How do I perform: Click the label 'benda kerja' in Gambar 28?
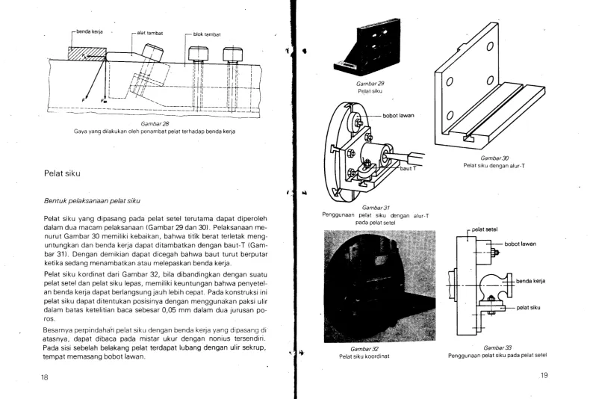90,31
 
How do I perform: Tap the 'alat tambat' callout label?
150,33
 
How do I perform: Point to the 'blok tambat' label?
207,34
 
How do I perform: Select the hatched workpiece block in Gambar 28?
87,53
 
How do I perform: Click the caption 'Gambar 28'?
155,124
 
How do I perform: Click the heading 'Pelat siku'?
62,173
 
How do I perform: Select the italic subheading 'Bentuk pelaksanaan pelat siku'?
92,201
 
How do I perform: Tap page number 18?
44,377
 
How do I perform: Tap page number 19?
544,375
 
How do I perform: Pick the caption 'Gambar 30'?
494,158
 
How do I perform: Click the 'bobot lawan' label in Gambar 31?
399,116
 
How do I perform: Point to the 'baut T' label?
408,168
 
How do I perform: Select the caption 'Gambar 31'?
376,208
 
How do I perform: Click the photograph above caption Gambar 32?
379,286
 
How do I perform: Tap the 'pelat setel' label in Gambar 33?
485,229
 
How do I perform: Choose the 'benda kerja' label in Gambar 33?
530,281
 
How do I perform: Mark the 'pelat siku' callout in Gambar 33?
528,308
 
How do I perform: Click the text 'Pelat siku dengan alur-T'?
494,166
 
